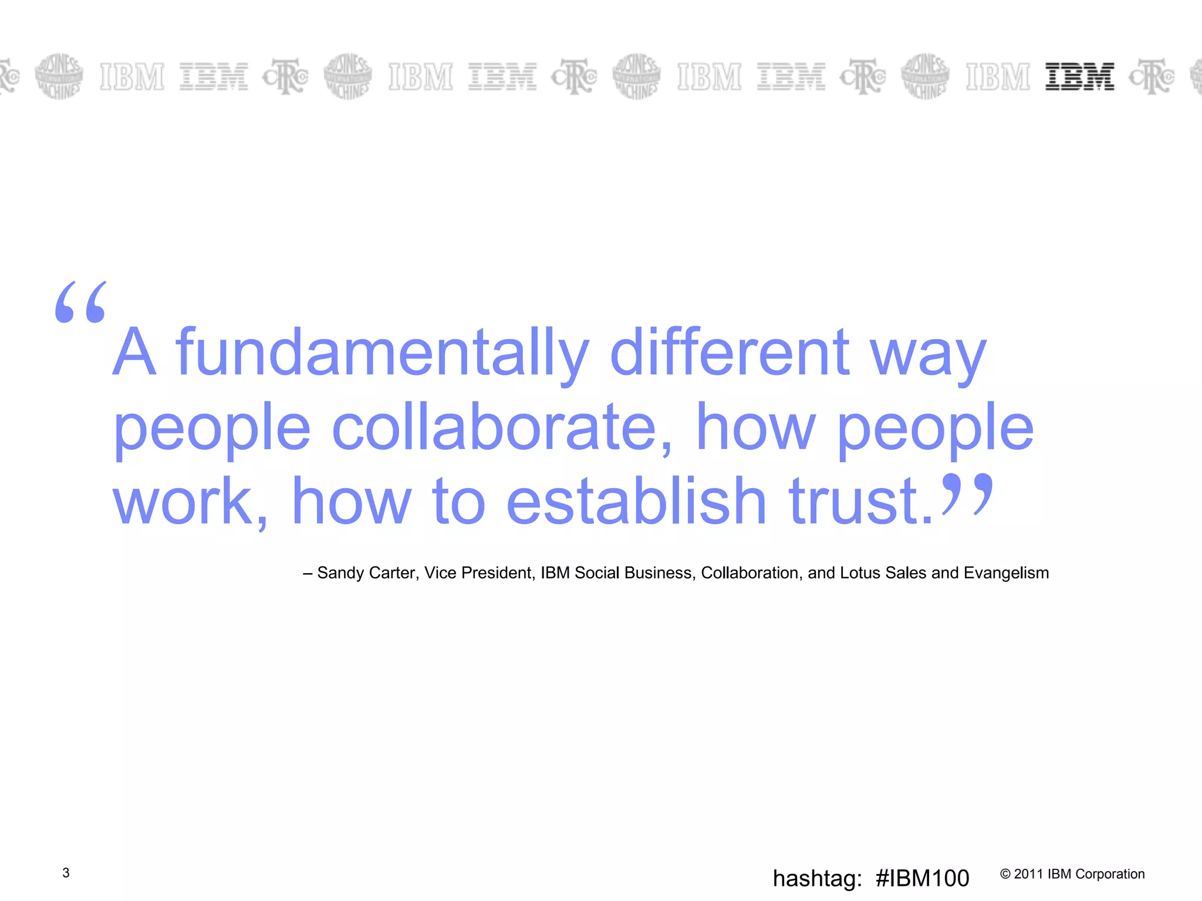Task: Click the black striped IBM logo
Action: (1079, 77)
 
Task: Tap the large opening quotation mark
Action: (81, 302)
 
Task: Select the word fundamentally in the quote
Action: (382, 352)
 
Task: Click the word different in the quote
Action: (730, 352)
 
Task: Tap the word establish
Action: (636, 501)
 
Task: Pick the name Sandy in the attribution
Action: (340, 573)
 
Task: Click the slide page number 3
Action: (66, 873)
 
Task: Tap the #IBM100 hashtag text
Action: (922, 879)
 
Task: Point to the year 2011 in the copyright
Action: (1029, 874)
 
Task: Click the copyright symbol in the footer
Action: (1005, 874)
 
